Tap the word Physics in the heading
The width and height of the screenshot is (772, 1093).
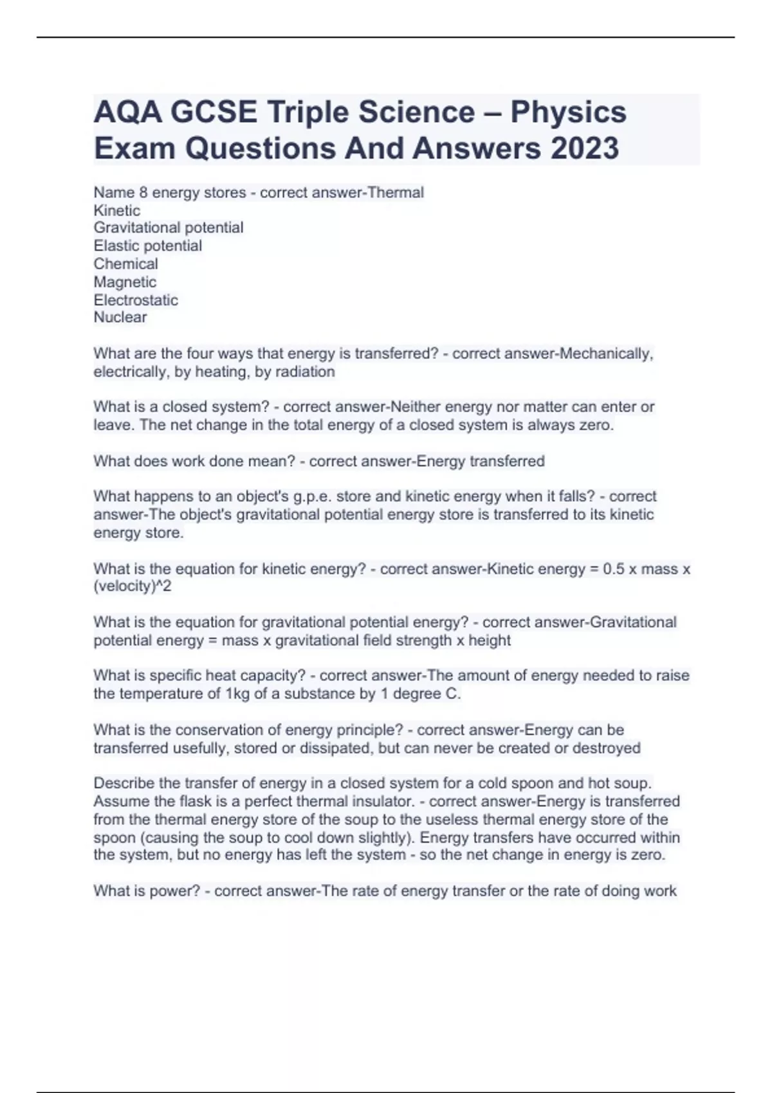pyautogui.click(x=568, y=112)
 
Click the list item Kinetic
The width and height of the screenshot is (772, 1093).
pyautogui.click(x=116, y=210)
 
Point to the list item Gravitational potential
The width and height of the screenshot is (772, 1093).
pyautogui.click(x=169, y=228)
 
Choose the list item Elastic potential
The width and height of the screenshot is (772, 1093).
pyautogui.click(x=148, y=246)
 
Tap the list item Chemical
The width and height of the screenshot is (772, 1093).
pyautogui.click(x=125, y=264)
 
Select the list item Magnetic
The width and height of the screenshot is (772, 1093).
pyautogui.click(x=125, y=282)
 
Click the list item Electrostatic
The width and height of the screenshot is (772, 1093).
pyautogui.click(x=136, y=300)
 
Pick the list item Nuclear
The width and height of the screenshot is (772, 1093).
pyautogui.click(x=120, y=317)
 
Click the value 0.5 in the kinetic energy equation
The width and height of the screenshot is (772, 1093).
pyautogui.click(x=614, y=569)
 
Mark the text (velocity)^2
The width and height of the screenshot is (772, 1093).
pyautogui.click(x=133, y=586)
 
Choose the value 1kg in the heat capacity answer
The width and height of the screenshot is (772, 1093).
pyautogui.click(x=237, y=694)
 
